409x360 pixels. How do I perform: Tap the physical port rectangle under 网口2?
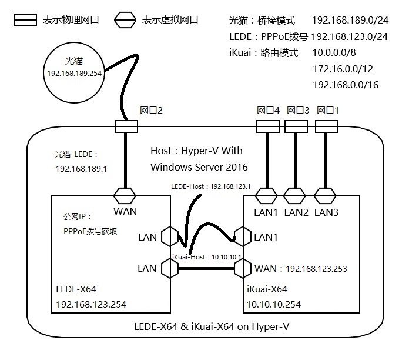(126, 126)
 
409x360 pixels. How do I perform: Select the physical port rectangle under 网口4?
(267, 126)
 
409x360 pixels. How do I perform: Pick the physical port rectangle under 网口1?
(327, 126)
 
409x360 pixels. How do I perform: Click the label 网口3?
(297, 111)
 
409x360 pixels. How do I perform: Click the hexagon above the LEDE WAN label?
(126, 195)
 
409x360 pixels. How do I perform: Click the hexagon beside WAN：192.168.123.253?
(243, 269)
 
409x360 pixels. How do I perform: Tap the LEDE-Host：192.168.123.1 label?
(212, 187)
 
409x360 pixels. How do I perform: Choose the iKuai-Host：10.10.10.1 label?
(208, 257)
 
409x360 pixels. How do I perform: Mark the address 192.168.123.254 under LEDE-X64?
(90, 304)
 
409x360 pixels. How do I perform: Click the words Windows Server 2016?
(199, 166)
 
